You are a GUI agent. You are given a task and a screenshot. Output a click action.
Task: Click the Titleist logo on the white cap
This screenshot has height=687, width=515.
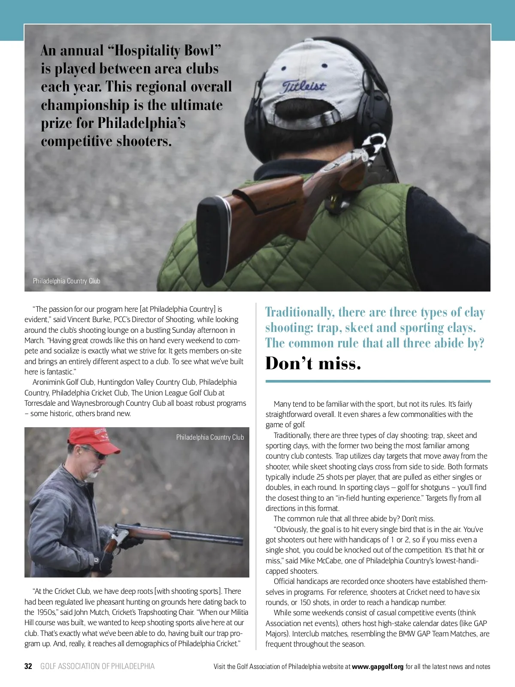coord(304,86)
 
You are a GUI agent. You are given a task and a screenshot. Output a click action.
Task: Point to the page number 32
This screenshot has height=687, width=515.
coord(28,666)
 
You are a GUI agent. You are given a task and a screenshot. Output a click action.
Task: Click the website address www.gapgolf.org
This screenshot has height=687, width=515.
coord(378,667)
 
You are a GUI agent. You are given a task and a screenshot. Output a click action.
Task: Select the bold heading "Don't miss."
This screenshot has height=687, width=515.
coord(313,364)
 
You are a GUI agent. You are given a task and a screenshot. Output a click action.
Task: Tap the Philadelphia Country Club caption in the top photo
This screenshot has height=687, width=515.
coord(67,281)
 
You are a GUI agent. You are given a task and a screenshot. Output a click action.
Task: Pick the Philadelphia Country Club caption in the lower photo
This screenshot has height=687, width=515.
coord(210,437)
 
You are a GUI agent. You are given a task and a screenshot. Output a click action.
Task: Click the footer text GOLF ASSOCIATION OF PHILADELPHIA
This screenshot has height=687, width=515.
coord(97,666)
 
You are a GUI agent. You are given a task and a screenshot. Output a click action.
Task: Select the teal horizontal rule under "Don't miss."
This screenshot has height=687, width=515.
coord(378,381)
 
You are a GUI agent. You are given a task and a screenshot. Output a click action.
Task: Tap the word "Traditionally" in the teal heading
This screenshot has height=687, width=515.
coord(300,312)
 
